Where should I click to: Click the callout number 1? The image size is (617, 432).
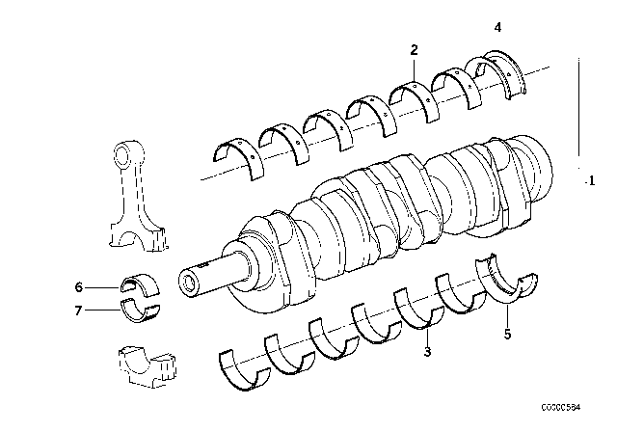click(x=590, y=180)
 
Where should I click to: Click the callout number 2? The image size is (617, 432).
click(x=414, y=49)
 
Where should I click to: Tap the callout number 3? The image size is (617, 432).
click(x=425, y=353)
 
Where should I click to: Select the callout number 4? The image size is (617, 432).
click(x=497, y=29)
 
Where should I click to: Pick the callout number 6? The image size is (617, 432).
click(x=79, y=285)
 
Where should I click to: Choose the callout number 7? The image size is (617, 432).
click(x=79, y=310)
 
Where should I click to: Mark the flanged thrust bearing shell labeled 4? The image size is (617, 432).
click(x=501, y=75)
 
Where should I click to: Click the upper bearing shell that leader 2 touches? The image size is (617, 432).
click(x=412, y=95)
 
